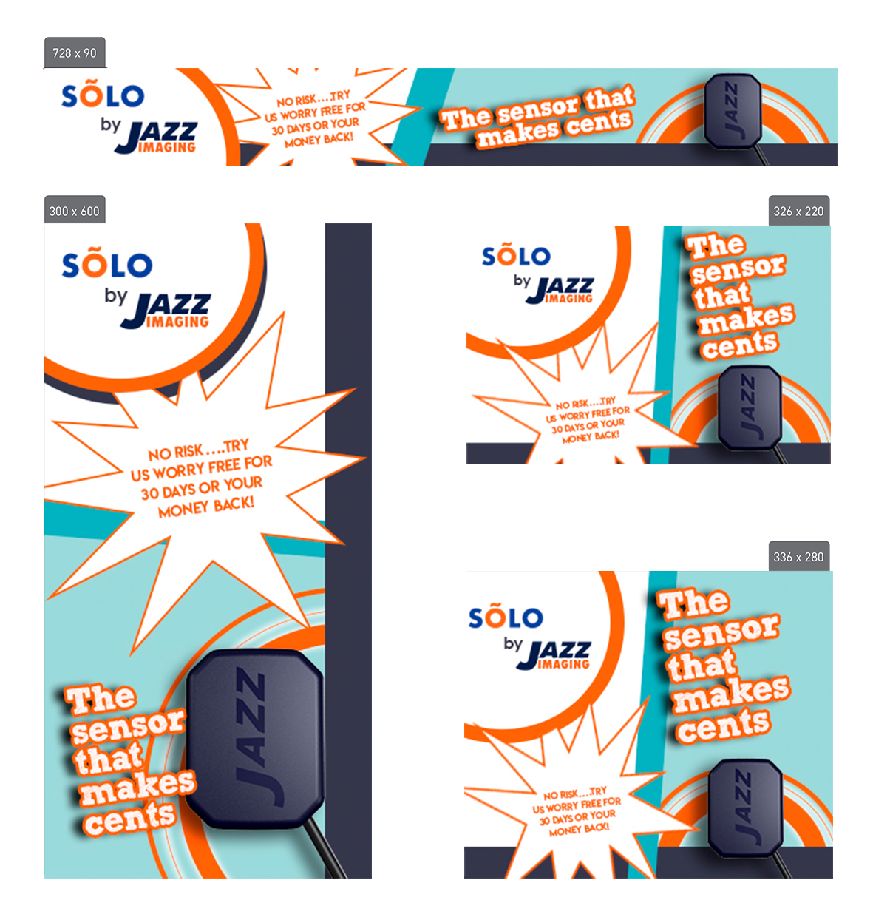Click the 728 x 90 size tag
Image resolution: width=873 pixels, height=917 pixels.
75,53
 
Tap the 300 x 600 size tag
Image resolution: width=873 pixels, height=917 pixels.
74,212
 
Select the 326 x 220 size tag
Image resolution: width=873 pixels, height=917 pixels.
798,212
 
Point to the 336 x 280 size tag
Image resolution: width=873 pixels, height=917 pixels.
798,557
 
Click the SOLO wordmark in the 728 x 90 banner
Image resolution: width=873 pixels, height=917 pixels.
103,96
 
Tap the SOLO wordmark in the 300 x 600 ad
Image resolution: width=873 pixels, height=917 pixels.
107,265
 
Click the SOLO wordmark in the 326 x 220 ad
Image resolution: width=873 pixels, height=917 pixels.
516,256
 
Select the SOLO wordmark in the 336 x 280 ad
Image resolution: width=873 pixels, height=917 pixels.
506,617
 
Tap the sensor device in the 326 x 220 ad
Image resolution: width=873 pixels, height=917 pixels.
750,407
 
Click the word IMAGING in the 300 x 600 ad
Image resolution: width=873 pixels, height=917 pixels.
177,322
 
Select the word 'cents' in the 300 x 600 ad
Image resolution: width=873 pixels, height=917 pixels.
130,819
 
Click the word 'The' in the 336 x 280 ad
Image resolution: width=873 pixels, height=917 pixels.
693,604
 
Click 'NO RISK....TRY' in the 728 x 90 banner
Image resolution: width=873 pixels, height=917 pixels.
313,99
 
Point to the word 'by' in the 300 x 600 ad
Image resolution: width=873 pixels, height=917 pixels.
115,296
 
